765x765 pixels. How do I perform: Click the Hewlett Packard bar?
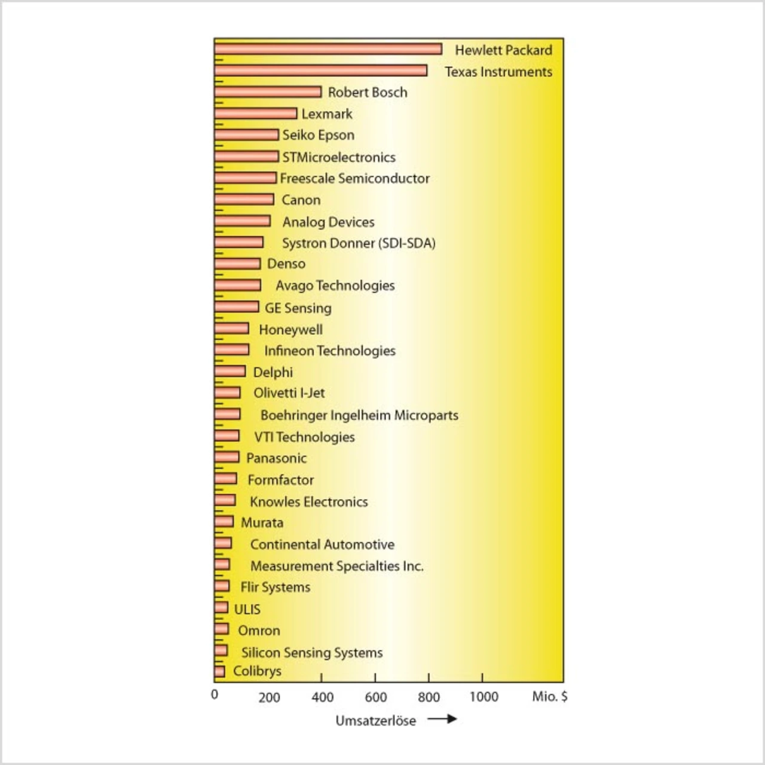328,49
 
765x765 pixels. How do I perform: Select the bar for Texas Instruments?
321,71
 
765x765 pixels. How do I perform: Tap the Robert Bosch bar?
268,91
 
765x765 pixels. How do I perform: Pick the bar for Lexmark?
256,114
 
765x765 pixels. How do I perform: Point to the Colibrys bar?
219,671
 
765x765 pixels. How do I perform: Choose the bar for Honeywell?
232,328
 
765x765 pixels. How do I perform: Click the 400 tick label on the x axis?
322,697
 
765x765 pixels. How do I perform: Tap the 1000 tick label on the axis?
484,697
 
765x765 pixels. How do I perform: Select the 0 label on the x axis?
215,694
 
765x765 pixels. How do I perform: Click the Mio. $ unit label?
549,696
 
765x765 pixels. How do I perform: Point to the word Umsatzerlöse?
375,721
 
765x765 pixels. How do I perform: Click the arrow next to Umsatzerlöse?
442,718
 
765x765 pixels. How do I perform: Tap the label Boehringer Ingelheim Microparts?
359,415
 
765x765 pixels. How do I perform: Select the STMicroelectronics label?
339,157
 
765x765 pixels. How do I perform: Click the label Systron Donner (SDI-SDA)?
359,243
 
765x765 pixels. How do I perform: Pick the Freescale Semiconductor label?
354,178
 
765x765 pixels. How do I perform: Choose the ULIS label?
247,609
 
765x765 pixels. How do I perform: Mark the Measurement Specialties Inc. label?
336,566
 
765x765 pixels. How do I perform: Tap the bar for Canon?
244,199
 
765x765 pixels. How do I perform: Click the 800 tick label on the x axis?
429,697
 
